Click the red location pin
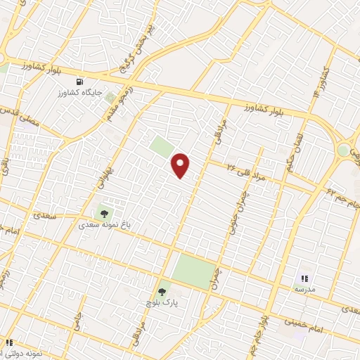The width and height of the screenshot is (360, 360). point(181,165)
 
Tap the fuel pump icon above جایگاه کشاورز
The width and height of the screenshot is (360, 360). point(89,81)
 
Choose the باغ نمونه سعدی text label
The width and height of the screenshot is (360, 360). point(103,226)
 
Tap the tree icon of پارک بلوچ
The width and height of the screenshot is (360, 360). point(162,290)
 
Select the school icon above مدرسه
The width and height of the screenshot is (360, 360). point(305,279)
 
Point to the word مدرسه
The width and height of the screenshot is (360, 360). point(304,290)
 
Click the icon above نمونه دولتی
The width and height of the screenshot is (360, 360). point(8,342)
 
